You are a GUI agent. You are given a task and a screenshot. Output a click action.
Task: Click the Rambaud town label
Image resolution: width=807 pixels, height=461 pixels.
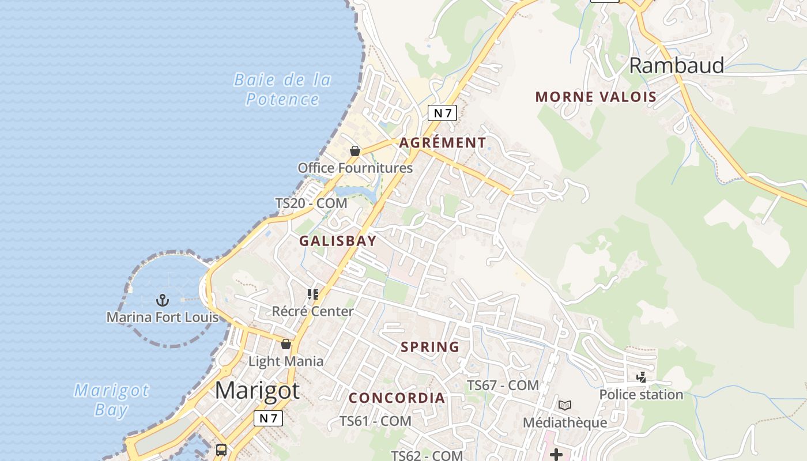(x=676, y=66)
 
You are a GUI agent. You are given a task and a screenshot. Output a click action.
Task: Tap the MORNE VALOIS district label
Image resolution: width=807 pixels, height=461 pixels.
(x=596, y=97)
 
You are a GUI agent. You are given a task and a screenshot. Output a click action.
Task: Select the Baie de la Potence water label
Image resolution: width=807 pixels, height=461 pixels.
(x=282, y=89)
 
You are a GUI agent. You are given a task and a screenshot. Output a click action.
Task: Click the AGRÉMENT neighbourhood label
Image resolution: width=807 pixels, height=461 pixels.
(x=443, y=142)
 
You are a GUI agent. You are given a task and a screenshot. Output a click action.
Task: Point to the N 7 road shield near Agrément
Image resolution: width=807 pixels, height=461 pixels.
(x=442, y=113)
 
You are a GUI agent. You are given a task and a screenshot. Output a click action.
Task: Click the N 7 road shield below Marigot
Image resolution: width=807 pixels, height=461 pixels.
(x=268, y=418)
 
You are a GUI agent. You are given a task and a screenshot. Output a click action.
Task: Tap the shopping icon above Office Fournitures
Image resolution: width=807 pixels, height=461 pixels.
(x=355, y=151)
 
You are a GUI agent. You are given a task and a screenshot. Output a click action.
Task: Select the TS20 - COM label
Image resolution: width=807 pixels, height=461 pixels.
(x=311, y=203)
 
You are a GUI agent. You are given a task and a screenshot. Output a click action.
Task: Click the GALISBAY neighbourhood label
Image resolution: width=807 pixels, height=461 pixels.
(x=338, y=241)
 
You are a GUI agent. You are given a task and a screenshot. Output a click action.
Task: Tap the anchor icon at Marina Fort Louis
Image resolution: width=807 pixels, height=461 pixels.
(x=163, y=300)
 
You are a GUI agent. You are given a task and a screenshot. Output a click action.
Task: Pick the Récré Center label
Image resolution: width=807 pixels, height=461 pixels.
(x=313, y=312)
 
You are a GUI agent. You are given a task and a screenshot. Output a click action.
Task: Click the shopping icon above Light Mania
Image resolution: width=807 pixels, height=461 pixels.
(x=285, y=345)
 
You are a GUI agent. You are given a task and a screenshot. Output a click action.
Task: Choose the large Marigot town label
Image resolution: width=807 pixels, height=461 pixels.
(x=257, y=391)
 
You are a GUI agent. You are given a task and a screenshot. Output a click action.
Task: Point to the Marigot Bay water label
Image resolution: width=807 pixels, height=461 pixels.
(x=111, y=400)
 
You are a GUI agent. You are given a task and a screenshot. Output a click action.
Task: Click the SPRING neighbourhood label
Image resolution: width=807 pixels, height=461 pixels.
(x=430, y=347)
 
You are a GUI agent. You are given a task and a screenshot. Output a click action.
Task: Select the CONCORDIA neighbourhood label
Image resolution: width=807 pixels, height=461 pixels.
(x=397, y=398)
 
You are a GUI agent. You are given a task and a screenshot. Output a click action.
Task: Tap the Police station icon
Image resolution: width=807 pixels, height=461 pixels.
(x=641, y=377)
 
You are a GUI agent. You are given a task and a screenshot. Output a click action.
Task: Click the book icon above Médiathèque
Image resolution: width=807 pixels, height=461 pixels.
(x=565, y=405)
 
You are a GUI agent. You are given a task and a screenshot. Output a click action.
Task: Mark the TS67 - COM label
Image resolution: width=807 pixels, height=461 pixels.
(x=503, y=385)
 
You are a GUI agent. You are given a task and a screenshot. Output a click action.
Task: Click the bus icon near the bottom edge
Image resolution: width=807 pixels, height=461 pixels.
(x=221, y=450)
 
